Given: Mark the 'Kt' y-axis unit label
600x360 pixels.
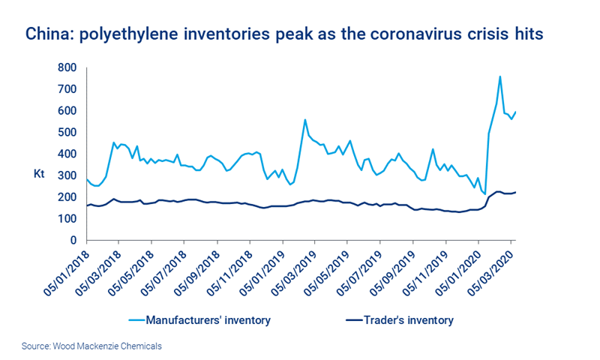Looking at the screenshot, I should click(40, 174).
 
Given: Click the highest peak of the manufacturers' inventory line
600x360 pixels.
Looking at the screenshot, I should click(499, 76).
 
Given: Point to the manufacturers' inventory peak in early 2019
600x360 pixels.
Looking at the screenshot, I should click(304, 120).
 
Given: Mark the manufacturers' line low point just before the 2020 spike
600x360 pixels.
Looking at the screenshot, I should click(484, 193).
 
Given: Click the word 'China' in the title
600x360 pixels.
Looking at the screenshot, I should click(45, 34).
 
